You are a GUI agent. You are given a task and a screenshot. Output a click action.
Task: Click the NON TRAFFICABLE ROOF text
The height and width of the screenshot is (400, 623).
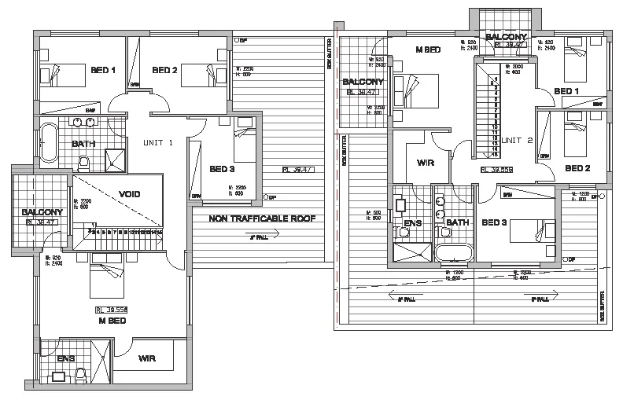[x=261, y=219]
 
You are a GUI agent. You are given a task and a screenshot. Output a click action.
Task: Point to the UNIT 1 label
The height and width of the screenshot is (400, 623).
[x=157, y=143]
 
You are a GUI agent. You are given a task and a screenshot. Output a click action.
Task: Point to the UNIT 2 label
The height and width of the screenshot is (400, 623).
[x=518, y=140]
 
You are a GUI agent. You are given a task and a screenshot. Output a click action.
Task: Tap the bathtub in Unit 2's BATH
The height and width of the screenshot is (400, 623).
[x=453, y=253]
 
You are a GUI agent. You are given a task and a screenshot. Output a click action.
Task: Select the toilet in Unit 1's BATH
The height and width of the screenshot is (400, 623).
[x=84, y=162]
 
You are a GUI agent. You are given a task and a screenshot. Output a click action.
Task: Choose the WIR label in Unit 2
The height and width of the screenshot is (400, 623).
[x=415, y=163]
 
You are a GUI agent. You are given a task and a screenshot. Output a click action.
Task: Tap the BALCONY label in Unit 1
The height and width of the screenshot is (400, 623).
[x=37, y=212]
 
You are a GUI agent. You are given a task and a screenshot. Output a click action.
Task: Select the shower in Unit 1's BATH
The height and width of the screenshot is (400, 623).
[x=116, y=159]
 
